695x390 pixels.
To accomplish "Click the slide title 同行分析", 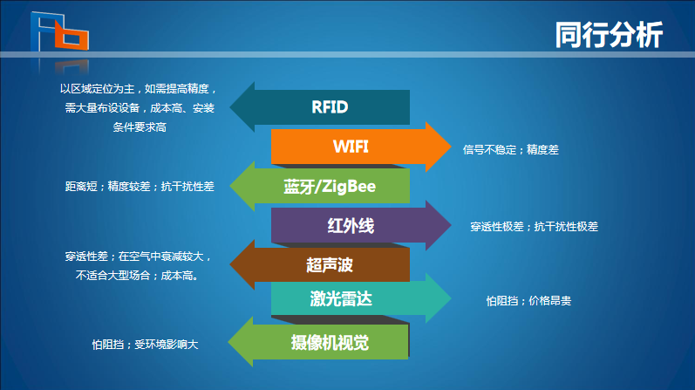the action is (609, 35).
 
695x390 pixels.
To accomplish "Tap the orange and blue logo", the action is (60, 32).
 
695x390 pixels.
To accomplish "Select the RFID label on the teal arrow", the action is (330, 107).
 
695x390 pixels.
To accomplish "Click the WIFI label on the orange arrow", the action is (351, 147).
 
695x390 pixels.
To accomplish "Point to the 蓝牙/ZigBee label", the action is (330, 187).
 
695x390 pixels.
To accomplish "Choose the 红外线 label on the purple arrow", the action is (351, 226).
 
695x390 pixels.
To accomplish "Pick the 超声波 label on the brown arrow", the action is (330, 265).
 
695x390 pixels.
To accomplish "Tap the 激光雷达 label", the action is (341, 298).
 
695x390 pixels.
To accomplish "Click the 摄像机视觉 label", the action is (330, 343).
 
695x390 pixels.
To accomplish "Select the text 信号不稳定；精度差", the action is (511, 150).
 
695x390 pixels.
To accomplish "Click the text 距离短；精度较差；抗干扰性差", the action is (140, 187).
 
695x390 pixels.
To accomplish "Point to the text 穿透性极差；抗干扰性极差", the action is (534, 227).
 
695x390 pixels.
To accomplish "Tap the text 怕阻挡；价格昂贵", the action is (528, 301).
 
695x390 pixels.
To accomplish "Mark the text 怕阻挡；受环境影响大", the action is (145, 345).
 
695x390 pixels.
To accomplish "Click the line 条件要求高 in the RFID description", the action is (140, 127).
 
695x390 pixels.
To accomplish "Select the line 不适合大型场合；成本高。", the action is (138, 276).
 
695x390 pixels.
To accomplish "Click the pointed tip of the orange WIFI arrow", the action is (451, 147).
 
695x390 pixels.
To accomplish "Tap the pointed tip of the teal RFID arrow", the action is (229, 107).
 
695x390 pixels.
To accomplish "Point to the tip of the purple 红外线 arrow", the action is (451, 225).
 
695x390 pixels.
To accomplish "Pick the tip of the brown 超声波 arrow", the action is (229, 265).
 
